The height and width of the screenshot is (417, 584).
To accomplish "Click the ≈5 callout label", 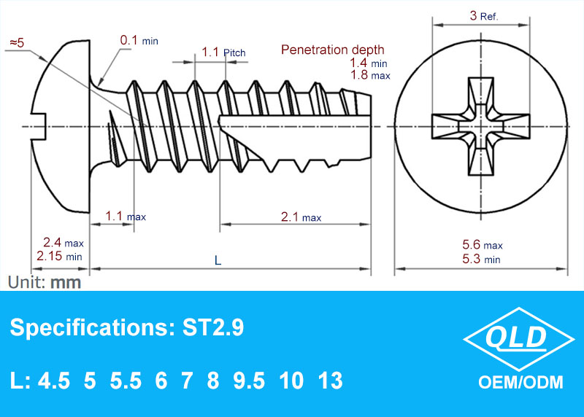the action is pos(17,43).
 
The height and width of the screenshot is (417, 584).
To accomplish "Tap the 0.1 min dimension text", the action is pos(139,40).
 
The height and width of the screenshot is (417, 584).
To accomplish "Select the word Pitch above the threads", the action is pos(234,52).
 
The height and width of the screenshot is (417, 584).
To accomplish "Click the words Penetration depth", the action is pos(333,50).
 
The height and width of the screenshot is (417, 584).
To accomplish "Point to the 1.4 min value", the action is pos(369,63).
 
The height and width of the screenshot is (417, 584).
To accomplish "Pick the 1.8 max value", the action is pos(370,75).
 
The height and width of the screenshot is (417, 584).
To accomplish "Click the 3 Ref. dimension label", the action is pos(483,15).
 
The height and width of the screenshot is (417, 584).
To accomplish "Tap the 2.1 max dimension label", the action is pos(301,217).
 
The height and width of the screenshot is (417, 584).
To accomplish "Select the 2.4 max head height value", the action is pos(64,243).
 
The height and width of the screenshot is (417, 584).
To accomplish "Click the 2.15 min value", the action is pos(59,256).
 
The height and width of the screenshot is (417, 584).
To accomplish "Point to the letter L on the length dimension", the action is pos(218,260).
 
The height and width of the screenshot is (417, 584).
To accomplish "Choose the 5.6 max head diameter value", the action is pos(483,245).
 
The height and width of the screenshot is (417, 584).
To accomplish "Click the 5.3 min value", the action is pos(481,259).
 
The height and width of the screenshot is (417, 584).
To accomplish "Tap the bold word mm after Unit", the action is pos(66,283).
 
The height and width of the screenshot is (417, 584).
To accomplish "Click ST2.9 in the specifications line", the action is pos(213,328).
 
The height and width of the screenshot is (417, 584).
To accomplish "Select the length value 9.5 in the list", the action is pos(249,381).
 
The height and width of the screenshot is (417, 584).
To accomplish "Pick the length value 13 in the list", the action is pos(331,381).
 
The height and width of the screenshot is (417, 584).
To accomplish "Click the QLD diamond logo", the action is pos(519,339).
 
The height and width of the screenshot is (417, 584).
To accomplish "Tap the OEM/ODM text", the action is pos(520,383).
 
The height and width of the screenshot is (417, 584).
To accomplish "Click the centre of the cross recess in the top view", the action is pos(481,126).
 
